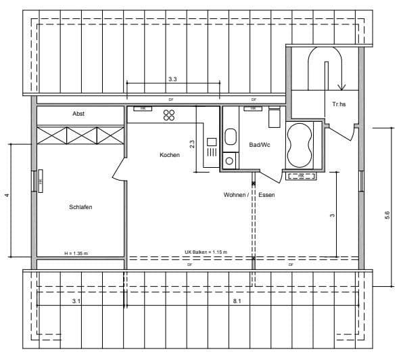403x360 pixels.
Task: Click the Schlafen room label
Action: (80, 207)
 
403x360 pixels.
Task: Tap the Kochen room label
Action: (170, 155)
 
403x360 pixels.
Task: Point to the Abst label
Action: (79, 114)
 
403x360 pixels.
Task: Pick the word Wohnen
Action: (236, 195)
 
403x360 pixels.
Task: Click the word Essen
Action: (266, 195)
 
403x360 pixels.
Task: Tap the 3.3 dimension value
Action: (172, 79)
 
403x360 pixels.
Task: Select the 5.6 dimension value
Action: (387, 215)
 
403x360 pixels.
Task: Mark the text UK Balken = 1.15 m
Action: (206, 252)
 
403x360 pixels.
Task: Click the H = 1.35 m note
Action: (76, 253)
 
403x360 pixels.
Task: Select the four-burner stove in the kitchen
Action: (169, 114)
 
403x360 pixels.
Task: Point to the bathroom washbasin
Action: (230, 137)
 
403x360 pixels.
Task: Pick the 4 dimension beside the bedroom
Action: (7, 196)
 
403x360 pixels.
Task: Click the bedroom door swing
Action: (119, 169)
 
